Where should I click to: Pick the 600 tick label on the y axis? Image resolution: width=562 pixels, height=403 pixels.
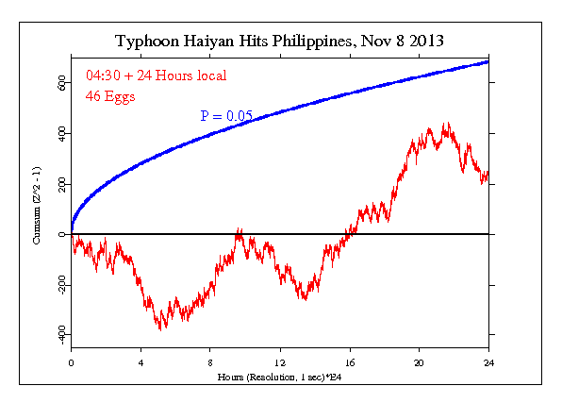[x=60, y=84]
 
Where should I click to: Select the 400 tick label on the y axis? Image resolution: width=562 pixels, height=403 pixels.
[x=60, y=134]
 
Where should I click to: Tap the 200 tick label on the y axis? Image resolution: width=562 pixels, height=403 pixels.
[x=60, y=184]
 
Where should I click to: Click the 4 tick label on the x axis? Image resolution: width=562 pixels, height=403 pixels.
[x=140, y=361]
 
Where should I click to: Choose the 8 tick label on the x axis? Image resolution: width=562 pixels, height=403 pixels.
[x=210, y=361]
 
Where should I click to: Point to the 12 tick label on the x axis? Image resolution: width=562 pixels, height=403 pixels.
[x=280, y=361]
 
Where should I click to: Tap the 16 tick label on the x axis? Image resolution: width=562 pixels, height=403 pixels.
[x=350, y=361]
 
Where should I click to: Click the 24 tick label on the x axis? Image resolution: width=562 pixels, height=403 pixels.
[x=488, y=361]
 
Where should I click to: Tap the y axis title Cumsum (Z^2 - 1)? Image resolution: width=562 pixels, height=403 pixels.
[x=37, y=206]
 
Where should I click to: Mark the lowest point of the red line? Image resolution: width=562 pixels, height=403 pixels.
[x=161, y=329]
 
